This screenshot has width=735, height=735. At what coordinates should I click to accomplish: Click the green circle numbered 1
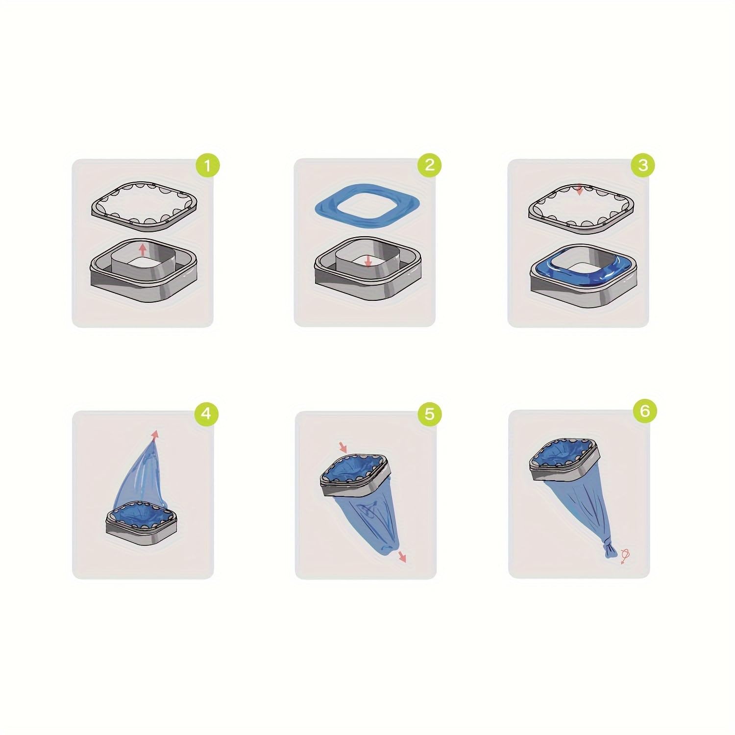pyautogui.click(x=208, y=166)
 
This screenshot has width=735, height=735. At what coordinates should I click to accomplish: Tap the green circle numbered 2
pyautogui.click(x=429, y=165)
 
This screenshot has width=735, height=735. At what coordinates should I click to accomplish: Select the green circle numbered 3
pyautogui.click(x=643, y=166)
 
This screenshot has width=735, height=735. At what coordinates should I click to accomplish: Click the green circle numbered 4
pyautogui.click(x=206, y=414)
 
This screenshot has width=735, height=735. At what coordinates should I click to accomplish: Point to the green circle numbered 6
pyautogui.click(x=644, y=411)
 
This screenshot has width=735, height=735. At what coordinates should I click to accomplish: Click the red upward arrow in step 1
pyautogui.click(x=143, y=248)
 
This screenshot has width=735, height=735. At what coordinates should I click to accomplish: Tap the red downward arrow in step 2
pyautogui.click(x=368, y=261)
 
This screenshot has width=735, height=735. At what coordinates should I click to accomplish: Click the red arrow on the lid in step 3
pyautogui.click(x=580, y=190)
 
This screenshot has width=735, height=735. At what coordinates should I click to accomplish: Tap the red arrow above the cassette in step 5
pyautogui.click(x=343, y=447)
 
